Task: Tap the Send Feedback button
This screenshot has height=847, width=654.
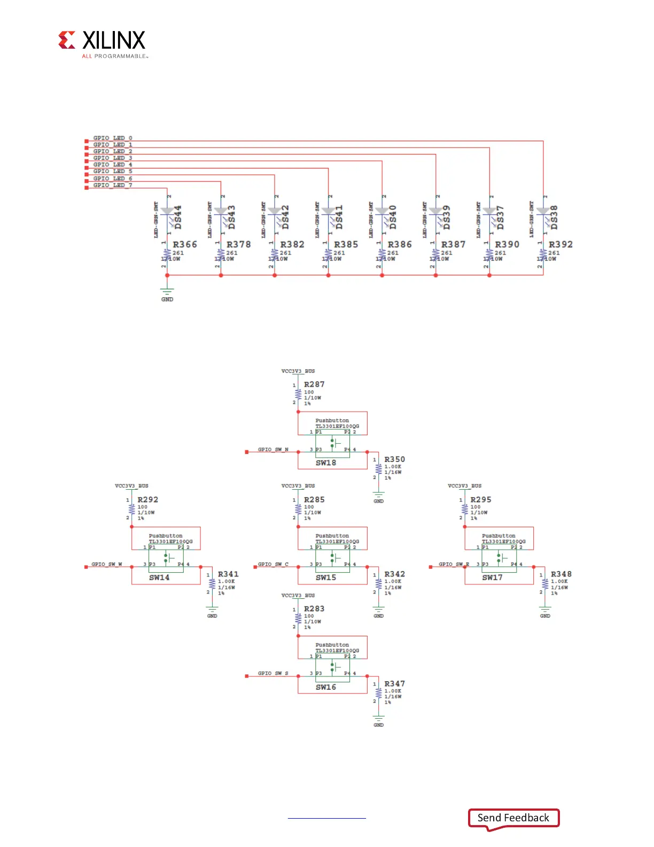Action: point(513,818)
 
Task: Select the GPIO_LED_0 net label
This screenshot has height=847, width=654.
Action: point(113,138)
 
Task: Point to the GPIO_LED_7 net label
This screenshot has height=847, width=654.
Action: point(113,185)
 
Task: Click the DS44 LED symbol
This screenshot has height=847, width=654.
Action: point(167,212)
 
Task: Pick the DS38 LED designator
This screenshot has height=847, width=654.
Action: point(554,217)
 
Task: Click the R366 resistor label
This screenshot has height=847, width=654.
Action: point(185,244)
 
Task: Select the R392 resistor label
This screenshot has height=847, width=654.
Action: point(560,244)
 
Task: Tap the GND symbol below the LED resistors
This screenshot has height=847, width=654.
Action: point(167,293)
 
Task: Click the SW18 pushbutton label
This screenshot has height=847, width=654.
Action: point(326,463)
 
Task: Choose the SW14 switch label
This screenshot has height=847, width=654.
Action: point(159,577)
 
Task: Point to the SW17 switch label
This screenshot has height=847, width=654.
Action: point(492,577)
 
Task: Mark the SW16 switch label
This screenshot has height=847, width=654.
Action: point(326,687)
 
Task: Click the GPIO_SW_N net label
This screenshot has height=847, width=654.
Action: point(273,450)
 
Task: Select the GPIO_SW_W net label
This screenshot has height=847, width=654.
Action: point(107,564)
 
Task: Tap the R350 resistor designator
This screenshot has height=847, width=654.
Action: point(395,459)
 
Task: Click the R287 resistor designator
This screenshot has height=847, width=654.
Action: point(314,384)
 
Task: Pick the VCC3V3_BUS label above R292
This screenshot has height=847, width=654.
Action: point(131,486)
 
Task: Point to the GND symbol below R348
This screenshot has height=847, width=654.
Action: point(545,611)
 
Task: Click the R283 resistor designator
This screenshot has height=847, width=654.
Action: point(314,609)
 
